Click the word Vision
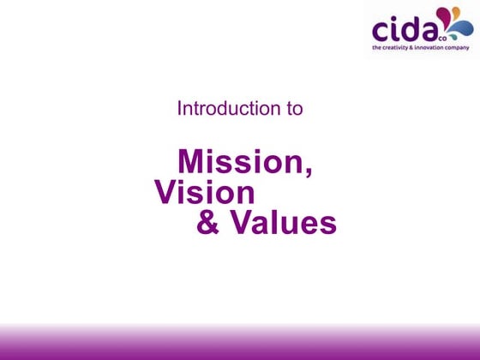pyautogui.click(x=205, y=192)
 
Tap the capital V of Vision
pyautogui.click(x=166, y=192)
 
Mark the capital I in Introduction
pyautogui.click(x=179, y=110)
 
